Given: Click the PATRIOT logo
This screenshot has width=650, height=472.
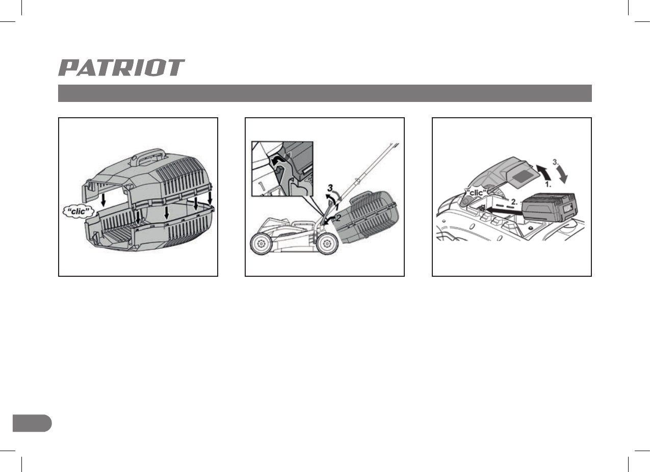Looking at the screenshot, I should click(121, 68).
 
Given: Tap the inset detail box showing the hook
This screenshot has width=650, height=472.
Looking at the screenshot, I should click(281, 168).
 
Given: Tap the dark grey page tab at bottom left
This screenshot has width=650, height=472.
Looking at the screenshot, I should click(32, 423).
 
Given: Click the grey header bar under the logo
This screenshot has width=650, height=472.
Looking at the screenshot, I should click(325, 93).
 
